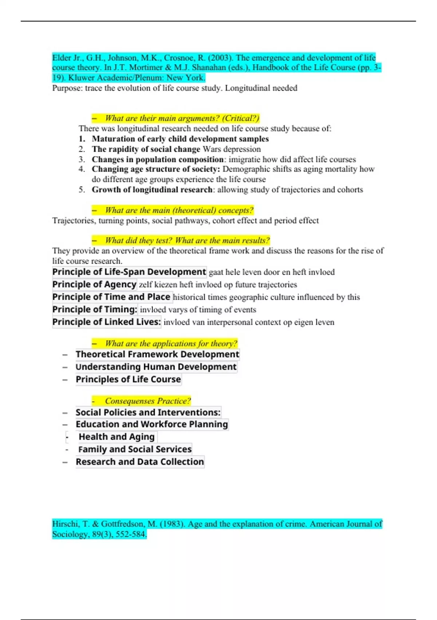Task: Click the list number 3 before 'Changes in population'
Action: click(x=82, y=159)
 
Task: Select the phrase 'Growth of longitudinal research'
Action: click(x=152, y=190)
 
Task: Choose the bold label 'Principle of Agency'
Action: click(x=94, y=284)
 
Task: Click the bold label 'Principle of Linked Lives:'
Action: click(x=106, y=322)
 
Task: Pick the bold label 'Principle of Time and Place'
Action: click(x=111, y=297)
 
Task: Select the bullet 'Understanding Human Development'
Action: click(x=156, y=367)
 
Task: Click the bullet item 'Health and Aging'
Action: click(x=117, y=437)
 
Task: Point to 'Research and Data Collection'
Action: click(x=140, y=462)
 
